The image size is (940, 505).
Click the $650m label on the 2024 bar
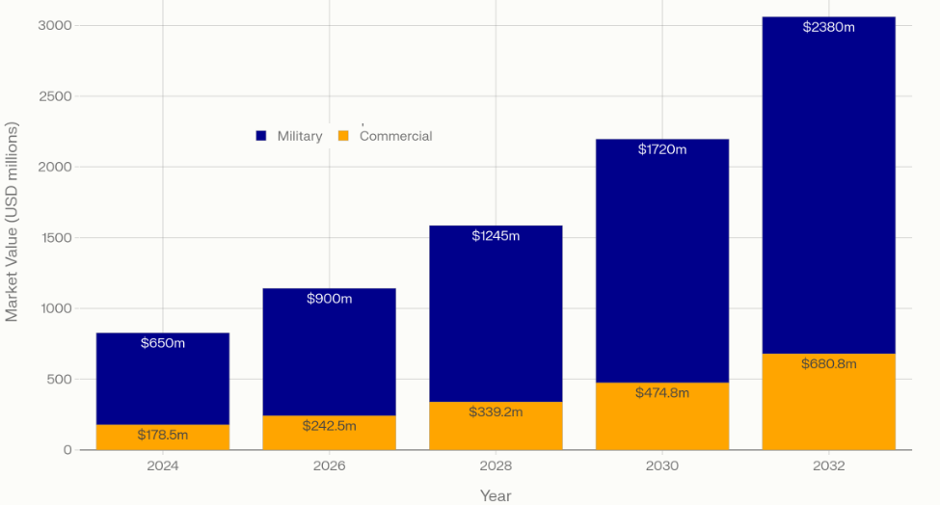(163, 343)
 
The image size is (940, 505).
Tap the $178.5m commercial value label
(163, 435)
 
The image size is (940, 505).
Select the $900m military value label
(330, 299)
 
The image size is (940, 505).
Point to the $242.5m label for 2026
(330, 426)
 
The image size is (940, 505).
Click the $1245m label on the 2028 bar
(496, 236)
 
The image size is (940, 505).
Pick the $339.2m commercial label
(496, 412)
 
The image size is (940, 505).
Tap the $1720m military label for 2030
(662, 149)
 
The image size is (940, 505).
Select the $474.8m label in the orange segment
(662, 393)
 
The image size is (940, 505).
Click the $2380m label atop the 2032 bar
(829, 27)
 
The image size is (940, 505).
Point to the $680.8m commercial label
(829, 364)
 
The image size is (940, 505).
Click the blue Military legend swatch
(261, 136)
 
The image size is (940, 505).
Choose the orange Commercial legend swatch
(343, 136)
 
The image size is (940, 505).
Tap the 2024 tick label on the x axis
(163, 465)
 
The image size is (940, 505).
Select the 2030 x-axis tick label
(662, 465)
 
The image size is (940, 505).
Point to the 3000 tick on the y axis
(55, 25)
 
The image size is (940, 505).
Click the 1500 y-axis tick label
(55, 238)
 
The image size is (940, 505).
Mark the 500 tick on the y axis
(60, 380)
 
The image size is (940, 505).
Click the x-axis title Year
(496, 495)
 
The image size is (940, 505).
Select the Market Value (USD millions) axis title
(13, 221)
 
